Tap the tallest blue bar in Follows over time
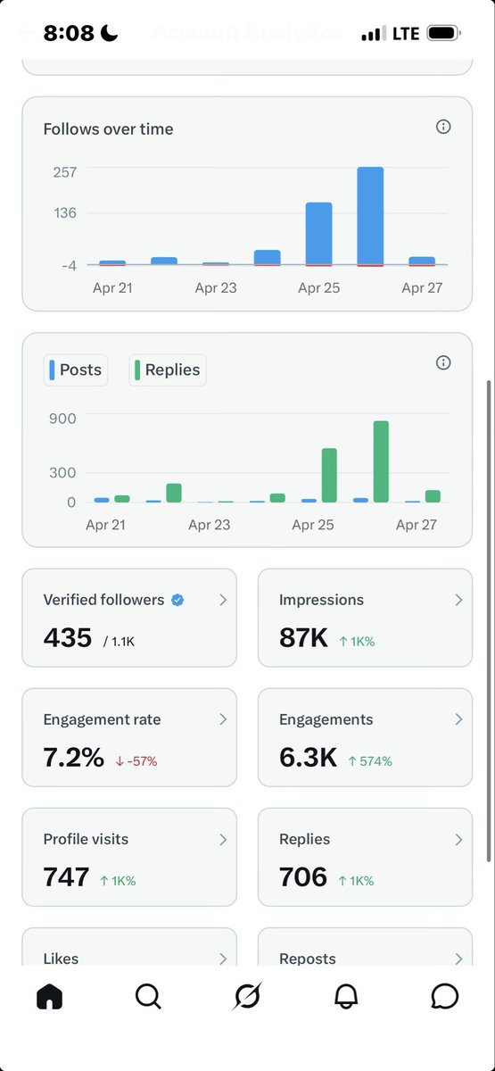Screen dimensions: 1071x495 [x=370, y=216]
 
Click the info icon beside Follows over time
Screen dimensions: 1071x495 [x=443, y=127]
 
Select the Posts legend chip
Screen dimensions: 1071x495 [x=76, y=369]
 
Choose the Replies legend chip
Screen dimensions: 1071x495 [x=168, y=369]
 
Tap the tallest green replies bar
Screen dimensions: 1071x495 [x=381, y=461]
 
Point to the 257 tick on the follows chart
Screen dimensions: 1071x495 [x=65, y=171]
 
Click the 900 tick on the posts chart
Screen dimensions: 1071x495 [x=62, y=418]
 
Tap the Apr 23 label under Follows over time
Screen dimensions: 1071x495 [x=216, y=288]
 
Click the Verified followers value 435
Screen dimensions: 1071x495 [x=68, y=637]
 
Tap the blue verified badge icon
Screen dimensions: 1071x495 [x=177, y=600]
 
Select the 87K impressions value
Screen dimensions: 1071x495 [x=303, y=637]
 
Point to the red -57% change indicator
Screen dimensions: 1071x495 [x=136, y=761]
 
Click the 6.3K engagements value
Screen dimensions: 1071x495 [x=308, y=757]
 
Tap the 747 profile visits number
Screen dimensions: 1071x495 [x=66, y=876]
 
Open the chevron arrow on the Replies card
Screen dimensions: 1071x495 [x=458, y=839]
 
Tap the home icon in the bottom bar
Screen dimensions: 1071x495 [x=50, y=996]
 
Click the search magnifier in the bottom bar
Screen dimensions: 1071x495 [x=148, y=996]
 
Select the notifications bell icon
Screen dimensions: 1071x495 [x=346, y=996]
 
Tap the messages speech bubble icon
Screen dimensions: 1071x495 [x=444, y=996]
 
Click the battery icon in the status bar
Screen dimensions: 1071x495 [x=443, y=33]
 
